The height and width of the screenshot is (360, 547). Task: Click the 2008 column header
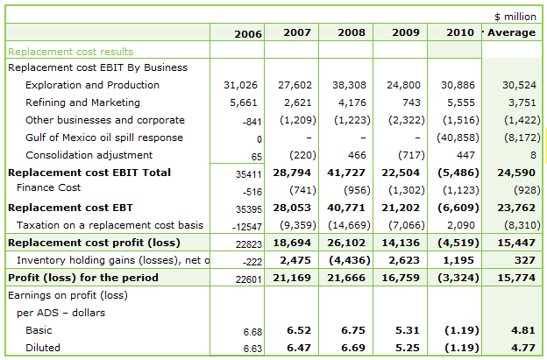350,32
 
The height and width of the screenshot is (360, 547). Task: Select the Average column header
511,32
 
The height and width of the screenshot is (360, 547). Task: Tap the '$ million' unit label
515,16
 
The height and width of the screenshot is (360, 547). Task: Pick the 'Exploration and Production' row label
92,85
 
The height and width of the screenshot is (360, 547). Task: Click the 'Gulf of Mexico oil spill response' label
104,138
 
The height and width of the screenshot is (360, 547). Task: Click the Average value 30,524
516,85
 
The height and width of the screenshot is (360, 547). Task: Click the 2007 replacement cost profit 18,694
293,241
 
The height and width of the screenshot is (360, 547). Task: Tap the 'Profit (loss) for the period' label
83,278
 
